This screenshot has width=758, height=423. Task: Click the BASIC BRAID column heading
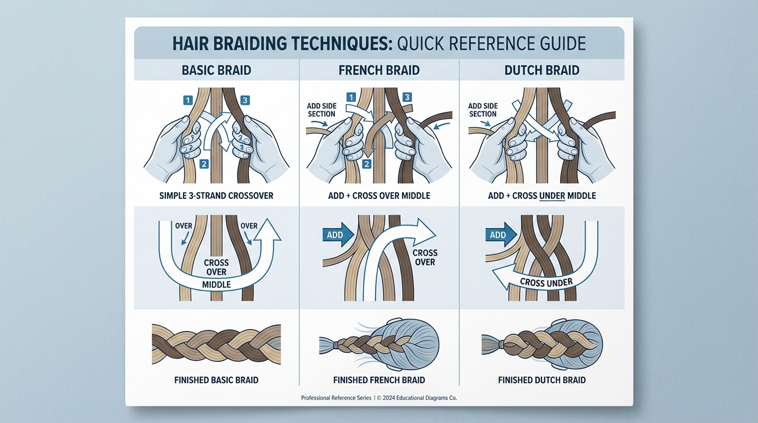(x=216, y=70)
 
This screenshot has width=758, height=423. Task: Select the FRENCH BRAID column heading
(x=379, y=70)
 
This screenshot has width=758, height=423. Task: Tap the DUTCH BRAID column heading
(x=542, y=70)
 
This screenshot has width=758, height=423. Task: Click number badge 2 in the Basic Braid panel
(x=203, y=164)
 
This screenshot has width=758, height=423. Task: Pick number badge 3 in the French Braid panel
(x=407, y=97)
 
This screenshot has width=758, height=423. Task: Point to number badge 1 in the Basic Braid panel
(x=187, y=100)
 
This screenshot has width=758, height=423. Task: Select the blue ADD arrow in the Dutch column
(x=499, y=235)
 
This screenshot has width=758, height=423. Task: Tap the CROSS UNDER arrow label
(x=546, y=283)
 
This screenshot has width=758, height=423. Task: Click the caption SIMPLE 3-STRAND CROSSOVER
(x=216, y=196)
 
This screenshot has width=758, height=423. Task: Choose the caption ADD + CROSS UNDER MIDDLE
(x=542, y=196)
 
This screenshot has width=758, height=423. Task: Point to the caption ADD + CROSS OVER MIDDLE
(x=379, y=196)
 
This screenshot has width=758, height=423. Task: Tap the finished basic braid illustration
(x=216, y=343)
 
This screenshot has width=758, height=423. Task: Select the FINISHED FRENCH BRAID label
(x=379, y=380)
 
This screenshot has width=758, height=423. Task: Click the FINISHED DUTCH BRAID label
(x=542, y=380)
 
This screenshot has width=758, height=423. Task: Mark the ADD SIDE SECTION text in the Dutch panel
(x=483, y=110)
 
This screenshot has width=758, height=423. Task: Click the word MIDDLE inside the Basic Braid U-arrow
(x=216, y=284)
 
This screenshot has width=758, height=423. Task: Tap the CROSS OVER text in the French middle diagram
(x=425, y=257)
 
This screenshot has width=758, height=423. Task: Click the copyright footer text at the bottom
(x=379, y=398)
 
